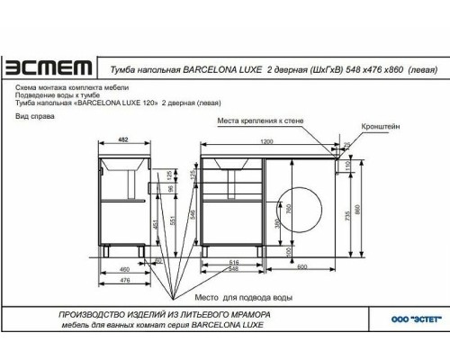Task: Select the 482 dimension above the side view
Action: coord(125,142)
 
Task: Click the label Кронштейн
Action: coord(379,128)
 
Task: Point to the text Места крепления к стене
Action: coord(265,119)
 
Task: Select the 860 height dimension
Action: coord(358,209)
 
